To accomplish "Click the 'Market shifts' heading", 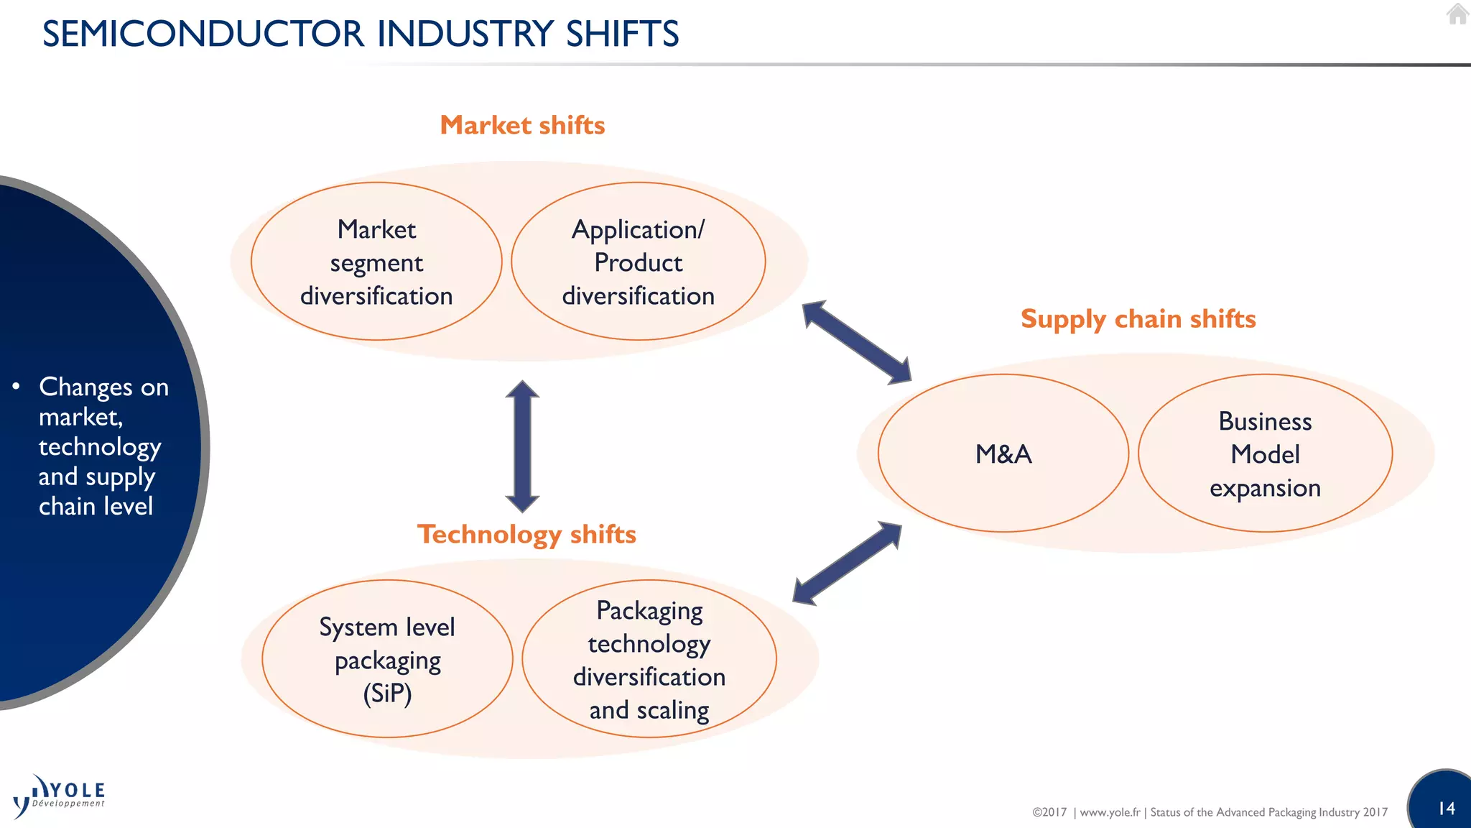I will point(522,126).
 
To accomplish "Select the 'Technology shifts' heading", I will point(526,535).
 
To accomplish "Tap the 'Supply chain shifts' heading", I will point(1138,319).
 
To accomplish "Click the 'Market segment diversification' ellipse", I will point(376,262).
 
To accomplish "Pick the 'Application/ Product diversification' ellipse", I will point(638,262).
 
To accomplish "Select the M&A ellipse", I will point(1003,454).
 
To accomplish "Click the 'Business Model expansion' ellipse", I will point(1265,454).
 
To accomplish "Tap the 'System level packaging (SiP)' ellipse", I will point(387,659).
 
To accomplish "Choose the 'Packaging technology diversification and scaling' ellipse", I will point(649,659).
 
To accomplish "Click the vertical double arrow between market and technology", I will point(522,446).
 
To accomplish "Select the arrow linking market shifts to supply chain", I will point(856,342).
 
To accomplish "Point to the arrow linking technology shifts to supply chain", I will point(847,563).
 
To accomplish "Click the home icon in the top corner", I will point(1457,14).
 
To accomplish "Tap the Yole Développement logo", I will point(60,796).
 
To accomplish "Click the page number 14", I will point(1447,809).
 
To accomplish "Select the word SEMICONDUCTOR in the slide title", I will point(203,34).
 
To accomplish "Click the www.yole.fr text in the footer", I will point(1110,812).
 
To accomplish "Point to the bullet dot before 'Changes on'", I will point(16,387).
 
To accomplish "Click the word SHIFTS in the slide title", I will point(622,34).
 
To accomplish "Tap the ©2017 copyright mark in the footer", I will point(1049,812).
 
